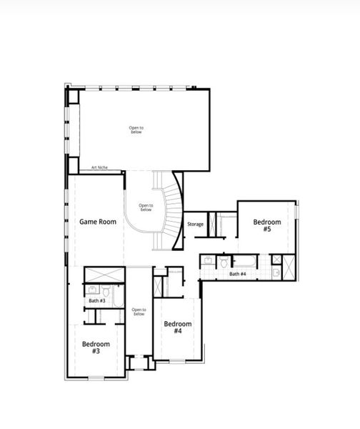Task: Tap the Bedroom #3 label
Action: pyautogui.click(x=95, y=348)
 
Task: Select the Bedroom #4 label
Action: pyautogui.click(x=178, y=327)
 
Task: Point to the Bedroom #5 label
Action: pyautogui.click(x=266, y=226)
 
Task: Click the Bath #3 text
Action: pyautogui.click(x=97, y=301)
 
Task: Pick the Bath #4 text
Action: pyautogui.click(x=238, y=274)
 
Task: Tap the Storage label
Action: pyautogui.click(x=196, y=225)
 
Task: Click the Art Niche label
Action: pyautogui.click(x=99, y=168)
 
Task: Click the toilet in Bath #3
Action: pyautogui.click(x=106, y=291)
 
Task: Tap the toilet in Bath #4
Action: pyautogui.click(x=224, y=262)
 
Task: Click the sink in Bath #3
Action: pyautogui.click(x=92, y=290)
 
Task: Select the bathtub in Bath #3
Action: pyautogui.click(x=119, y=294)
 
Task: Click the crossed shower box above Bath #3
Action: pyautogui.click(x=104, y=275)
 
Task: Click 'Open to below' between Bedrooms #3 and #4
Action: pyautogui.click(x=139, y=312)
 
